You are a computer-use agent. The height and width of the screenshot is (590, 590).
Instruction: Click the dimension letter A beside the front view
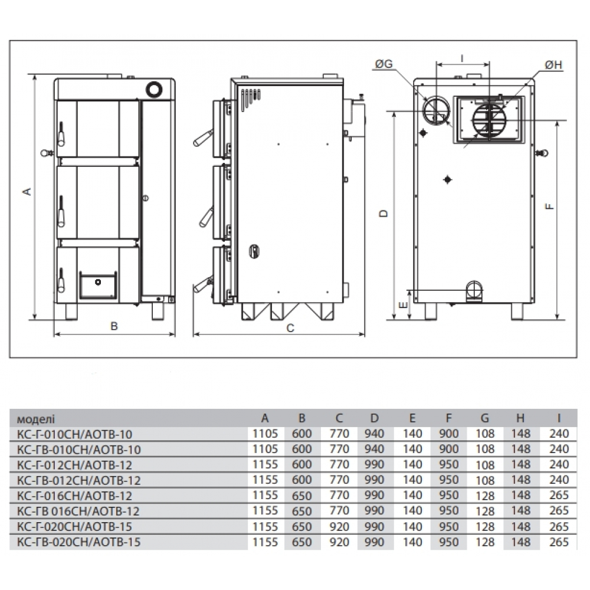[x=27, y=192]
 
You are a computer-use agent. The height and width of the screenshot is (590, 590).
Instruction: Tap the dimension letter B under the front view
[x=114, y=326]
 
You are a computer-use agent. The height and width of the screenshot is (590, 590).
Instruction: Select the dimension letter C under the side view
[x=290, y=328]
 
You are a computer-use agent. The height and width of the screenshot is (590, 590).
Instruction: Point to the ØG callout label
[x=383, y=64]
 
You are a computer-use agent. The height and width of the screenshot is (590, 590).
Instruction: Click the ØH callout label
[x=553, y=65]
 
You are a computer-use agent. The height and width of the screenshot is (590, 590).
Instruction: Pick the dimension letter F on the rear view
[x=550, y=206]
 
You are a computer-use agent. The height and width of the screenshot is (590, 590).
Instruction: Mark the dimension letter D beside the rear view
[x=383, y=214]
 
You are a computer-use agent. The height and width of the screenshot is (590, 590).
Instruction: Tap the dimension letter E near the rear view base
[x=403, y=305]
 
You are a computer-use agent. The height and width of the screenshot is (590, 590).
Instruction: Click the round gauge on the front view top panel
[x=154, y=89]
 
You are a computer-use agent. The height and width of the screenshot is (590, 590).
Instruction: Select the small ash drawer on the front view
[x=98, y=285]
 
